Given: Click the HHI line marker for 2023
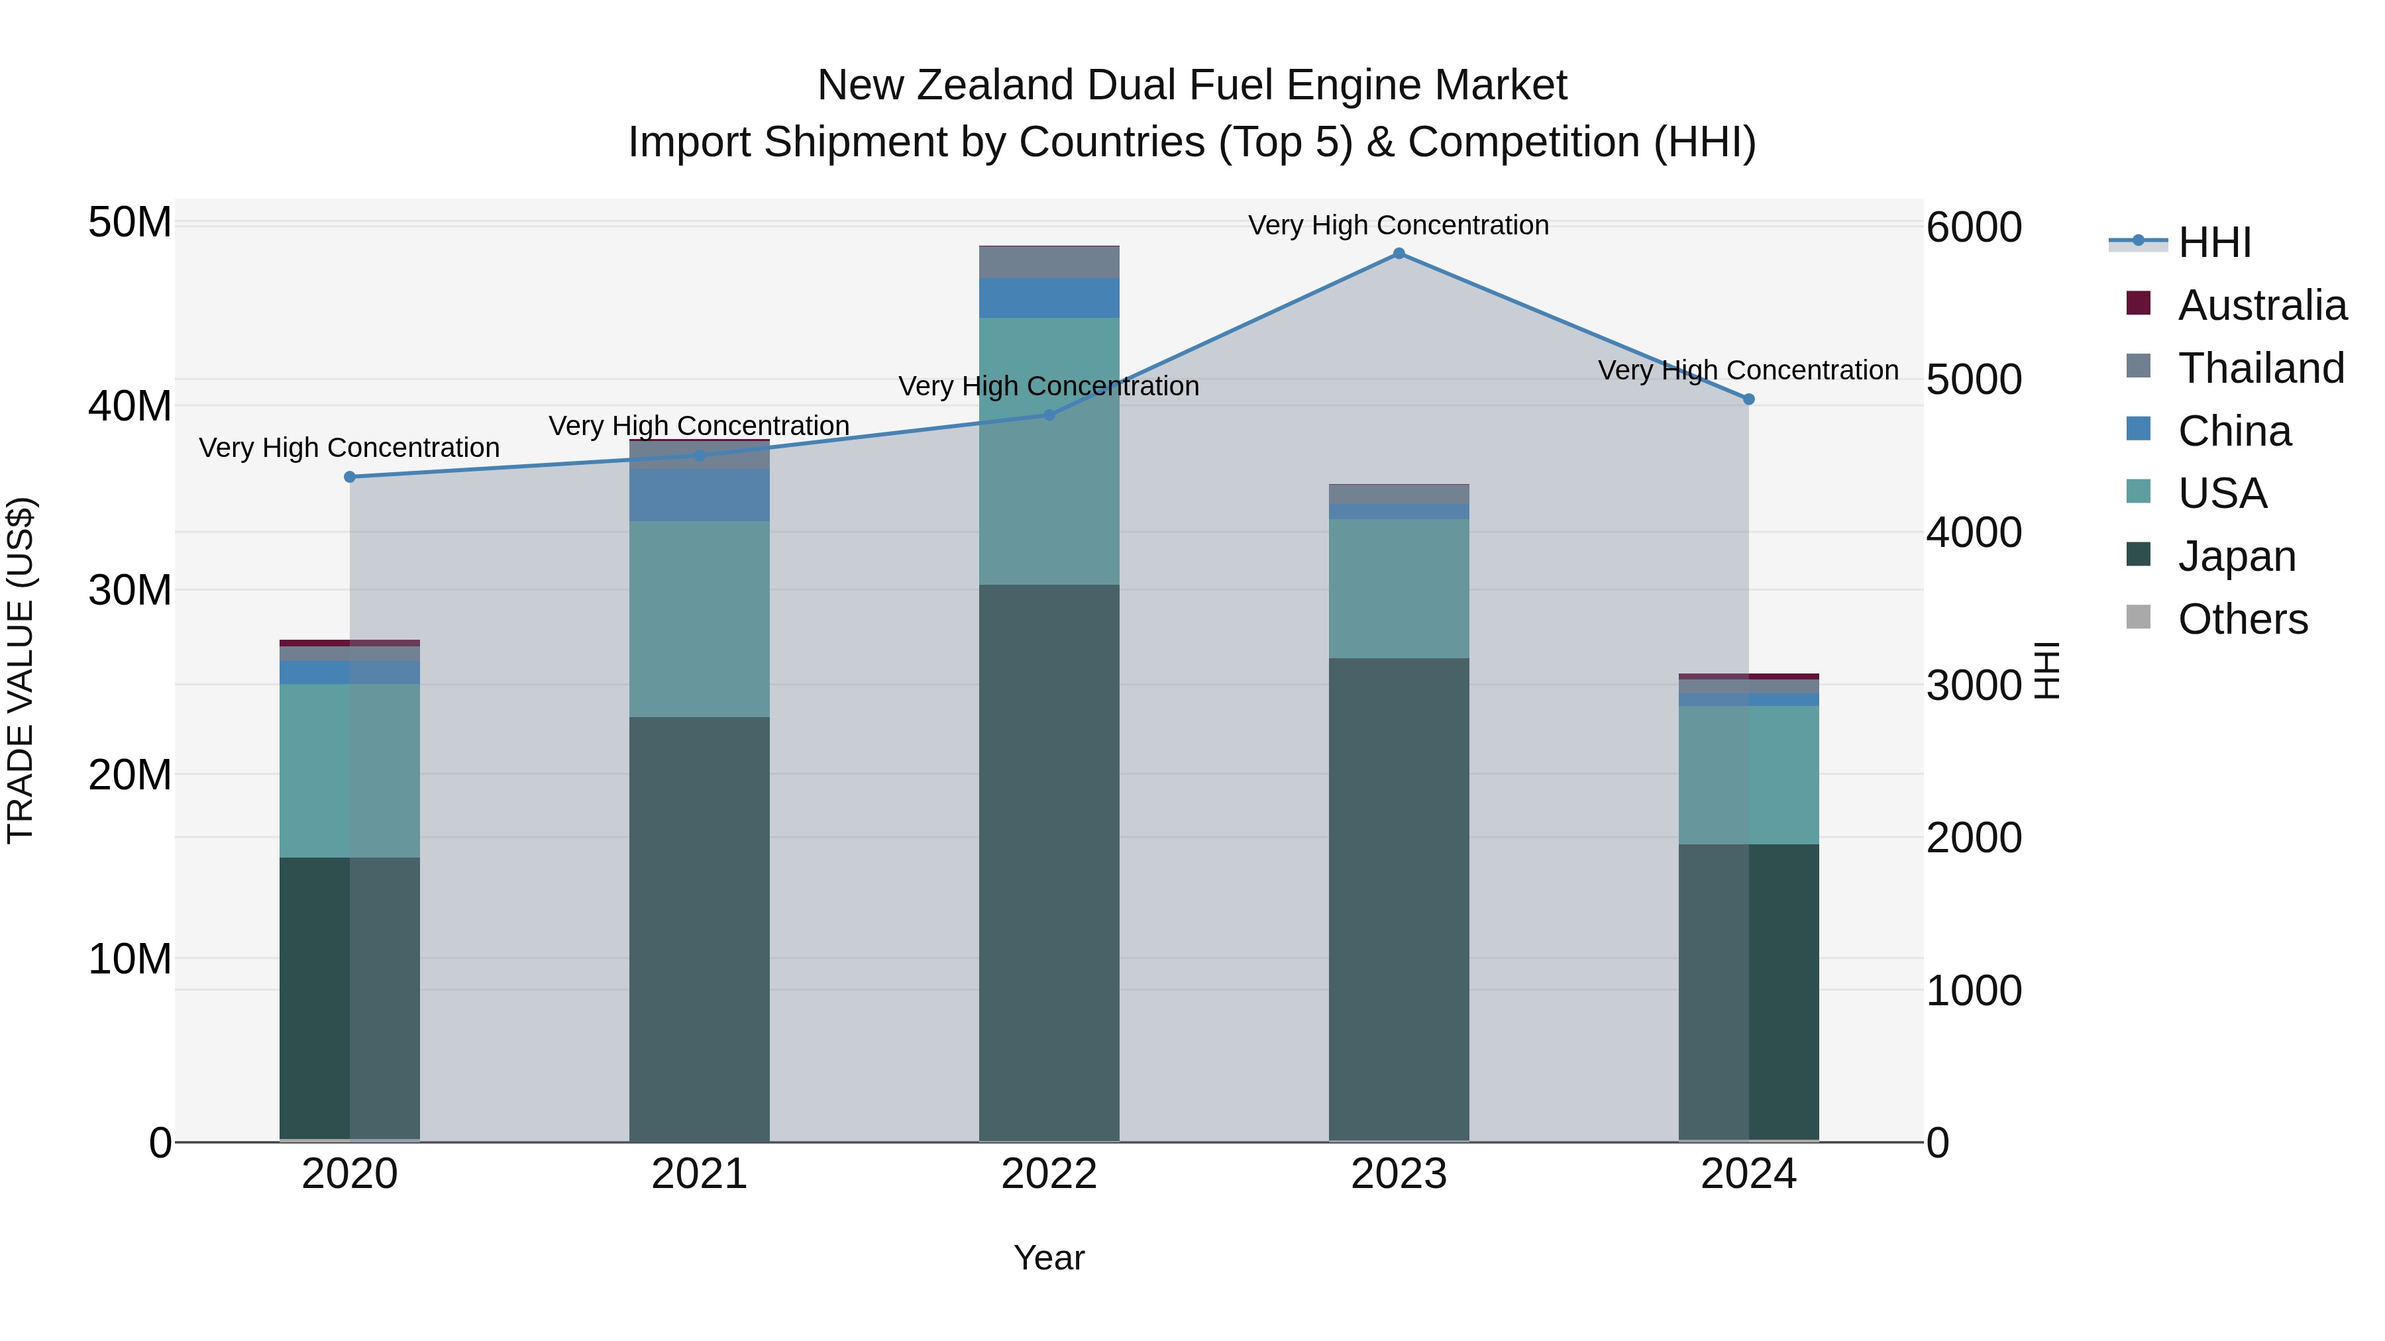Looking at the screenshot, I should tap(1399, 254).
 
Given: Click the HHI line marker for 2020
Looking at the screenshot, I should tap(350, 477).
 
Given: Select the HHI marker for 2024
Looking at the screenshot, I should tap(1749, 399).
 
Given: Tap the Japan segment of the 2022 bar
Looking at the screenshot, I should tap(1049, 861).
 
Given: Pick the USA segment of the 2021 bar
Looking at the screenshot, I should tap(699, 619).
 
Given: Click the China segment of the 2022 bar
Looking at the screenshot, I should tap(1049, 298).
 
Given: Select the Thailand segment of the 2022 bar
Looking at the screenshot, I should tap(1049, 262).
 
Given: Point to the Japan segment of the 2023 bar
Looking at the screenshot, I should tap(1399, 898).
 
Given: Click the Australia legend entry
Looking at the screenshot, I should tap(2261, 305).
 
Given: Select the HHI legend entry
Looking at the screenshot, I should tap(2213, 242).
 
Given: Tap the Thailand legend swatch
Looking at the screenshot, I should tap(2139, 366).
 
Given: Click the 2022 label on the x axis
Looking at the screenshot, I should tap(1049, 1174).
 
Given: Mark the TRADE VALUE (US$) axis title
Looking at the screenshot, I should tap(21, 670).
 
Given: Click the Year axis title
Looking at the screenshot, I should tap(1049, 1258).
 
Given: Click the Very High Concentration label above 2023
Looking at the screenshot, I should tap(1398, 225).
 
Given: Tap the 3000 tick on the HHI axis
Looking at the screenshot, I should tap(1974, 686).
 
